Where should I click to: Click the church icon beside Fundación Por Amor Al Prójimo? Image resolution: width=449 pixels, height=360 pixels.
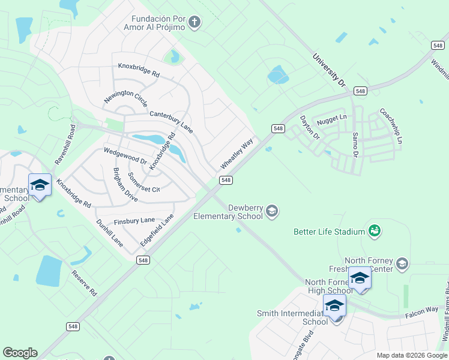coord(193,23)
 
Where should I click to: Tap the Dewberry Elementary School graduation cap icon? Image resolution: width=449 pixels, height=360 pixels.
coord(272,211)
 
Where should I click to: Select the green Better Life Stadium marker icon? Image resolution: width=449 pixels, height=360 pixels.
coord(375,231)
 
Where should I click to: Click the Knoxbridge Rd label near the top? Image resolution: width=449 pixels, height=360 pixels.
coord(139,70)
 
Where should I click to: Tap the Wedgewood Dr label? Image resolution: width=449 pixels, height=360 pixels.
coord(125,156)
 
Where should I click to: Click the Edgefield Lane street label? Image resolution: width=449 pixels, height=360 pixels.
coord(157,229)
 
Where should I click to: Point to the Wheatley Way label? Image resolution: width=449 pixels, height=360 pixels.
coord(237,154)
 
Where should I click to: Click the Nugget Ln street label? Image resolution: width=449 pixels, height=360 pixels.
coord(331,119)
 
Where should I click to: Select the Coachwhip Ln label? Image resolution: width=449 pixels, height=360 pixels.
coord(391,126)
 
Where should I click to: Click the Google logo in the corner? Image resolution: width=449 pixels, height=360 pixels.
coord(20,353)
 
